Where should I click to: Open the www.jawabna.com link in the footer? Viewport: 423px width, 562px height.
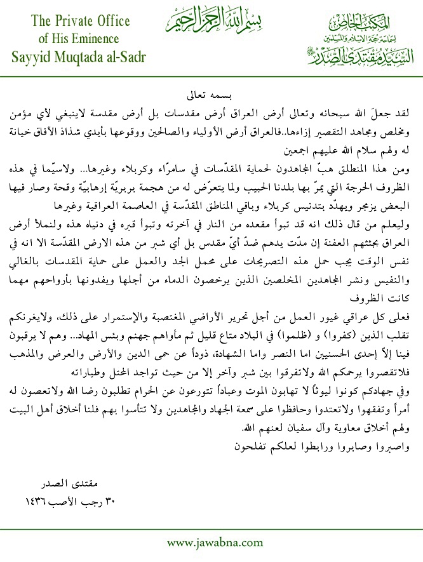[x=215, y=543]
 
